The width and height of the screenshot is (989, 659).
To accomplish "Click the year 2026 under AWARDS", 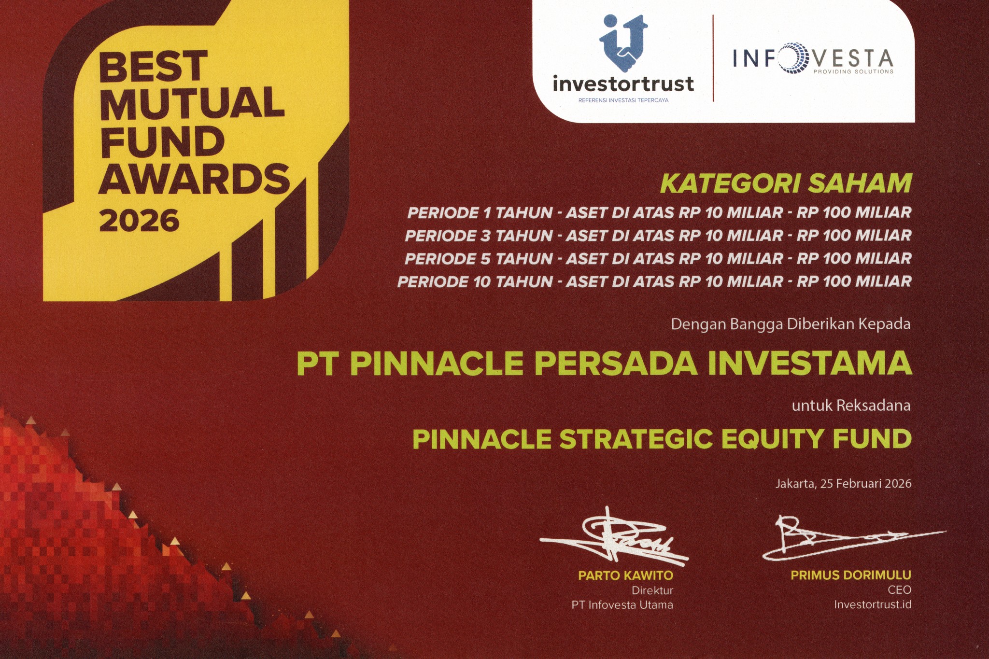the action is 139,221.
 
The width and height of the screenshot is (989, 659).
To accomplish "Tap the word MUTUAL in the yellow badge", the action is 192,102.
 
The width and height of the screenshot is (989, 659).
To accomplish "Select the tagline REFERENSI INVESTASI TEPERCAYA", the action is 623,100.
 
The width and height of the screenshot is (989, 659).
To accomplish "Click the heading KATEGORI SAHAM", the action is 786,183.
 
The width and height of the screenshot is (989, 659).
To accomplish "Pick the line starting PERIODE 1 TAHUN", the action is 659,212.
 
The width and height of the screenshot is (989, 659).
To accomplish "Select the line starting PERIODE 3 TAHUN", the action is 658,236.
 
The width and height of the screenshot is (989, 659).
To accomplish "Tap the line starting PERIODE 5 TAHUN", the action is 658,259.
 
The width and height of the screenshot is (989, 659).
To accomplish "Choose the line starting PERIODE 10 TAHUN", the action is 654,281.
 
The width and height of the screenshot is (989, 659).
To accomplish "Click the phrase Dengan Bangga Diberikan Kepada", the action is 791,324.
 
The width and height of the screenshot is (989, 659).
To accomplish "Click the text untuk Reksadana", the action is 851,406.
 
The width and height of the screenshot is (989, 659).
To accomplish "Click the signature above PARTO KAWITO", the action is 613,537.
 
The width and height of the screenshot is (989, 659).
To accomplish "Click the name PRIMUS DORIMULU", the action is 851,575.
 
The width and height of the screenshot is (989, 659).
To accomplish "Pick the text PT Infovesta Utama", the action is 622,605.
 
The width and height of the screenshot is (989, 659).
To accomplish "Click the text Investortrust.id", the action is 873,604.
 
